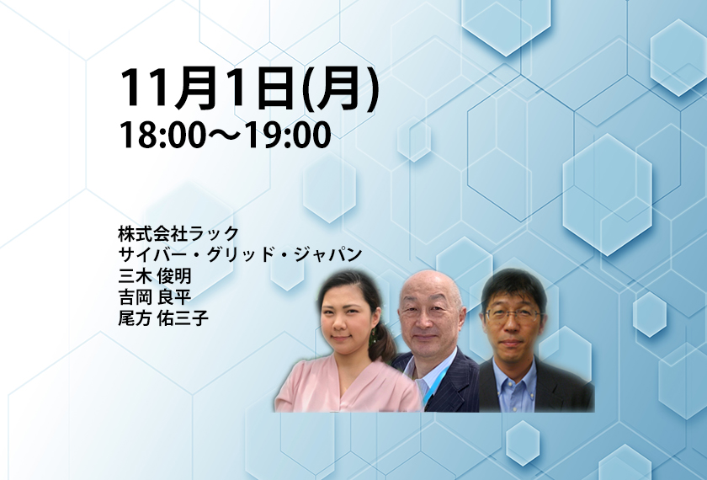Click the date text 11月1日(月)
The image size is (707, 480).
point(249,88)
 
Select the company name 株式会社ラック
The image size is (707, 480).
point(178,234)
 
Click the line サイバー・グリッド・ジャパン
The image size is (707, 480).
point(240,254)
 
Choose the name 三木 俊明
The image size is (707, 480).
point(155,275)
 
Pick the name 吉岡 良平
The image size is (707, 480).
point(155,296)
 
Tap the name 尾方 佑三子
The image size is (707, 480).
point(163,318)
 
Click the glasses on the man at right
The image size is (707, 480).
point(513,315)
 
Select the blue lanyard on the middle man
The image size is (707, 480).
point(436,383)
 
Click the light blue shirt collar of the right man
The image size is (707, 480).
point(514,374)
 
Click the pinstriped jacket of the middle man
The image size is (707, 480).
point(451,383)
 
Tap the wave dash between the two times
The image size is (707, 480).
point(225,136)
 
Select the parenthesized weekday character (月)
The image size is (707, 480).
point(340,89)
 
